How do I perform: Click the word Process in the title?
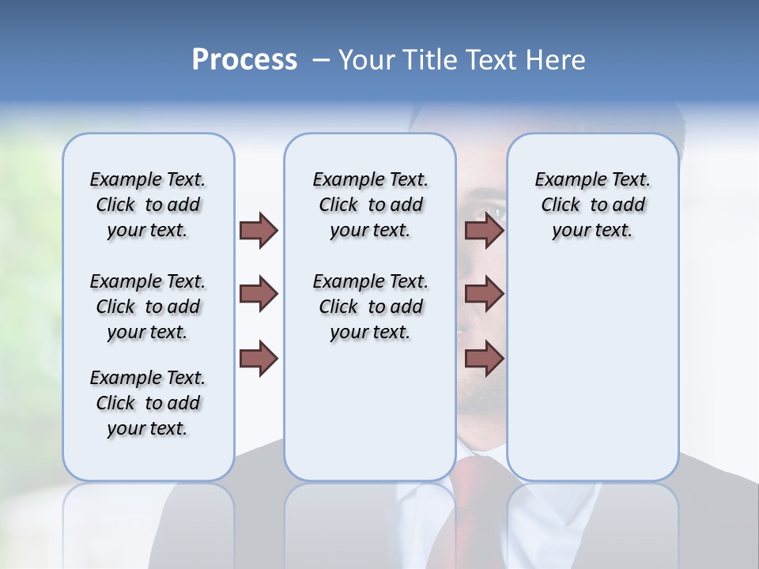click(244, 60)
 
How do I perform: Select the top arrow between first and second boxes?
click(259, 230)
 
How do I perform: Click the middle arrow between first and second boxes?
click(259, 294)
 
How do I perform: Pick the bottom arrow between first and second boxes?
click(259, 358)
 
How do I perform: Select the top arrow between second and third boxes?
click(484, 230)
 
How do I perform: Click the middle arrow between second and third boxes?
click(484, 294)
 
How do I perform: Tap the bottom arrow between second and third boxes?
click(484, 358)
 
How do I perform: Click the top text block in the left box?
click(148, 205)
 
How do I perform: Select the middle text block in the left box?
click(148, 307)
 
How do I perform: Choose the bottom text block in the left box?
click(148, 403)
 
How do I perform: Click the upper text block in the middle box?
click(370, 205)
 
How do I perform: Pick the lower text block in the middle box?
click(370, 307)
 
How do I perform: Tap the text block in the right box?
click(592, 205)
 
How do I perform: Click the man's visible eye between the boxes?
click(490, 212)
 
